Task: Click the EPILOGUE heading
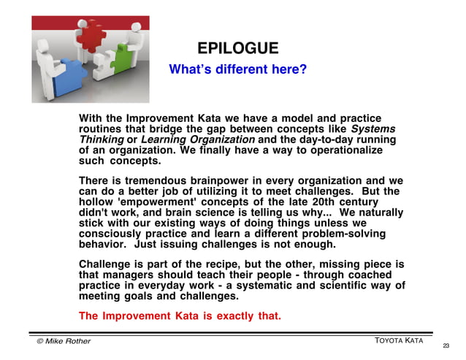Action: [x=237, y=48]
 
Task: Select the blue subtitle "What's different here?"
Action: [x=237, y=70]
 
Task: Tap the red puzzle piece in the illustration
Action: [x=92, y=37]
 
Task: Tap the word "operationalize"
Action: [x=346, y=150]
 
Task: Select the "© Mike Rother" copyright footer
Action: [x=64, y=341]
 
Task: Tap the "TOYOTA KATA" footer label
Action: [x=400, y=341]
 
